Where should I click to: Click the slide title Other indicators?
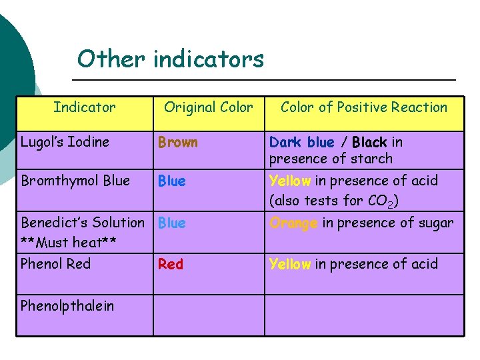click(171, 59)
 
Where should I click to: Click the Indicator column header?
click(84, 107)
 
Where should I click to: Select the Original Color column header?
click(209, 107)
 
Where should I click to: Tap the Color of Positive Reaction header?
click(364, 107)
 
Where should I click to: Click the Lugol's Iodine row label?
click(65, 142)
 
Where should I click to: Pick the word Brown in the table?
click(177, 143)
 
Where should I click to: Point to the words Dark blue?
click(301, 142)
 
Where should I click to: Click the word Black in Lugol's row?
click(369, 142)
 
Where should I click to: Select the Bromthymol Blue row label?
click(75, 181)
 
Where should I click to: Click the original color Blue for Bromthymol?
click(172, 181)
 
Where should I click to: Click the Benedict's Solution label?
click(82, 222)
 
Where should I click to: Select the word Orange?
click(293, 223)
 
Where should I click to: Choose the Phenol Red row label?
click(55, 263)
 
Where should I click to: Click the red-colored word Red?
click(170, 264)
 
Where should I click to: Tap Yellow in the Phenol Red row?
click(290, 264)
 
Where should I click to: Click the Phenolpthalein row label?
click(67, 306)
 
